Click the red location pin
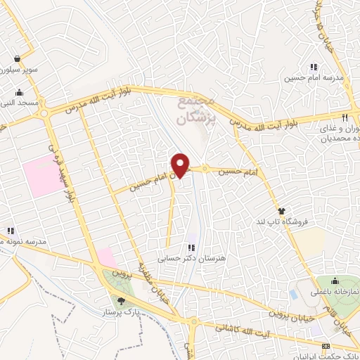click(181, 165)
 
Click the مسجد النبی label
click(19, 103)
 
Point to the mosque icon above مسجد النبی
click(19, 93)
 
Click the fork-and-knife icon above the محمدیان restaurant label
click(345, 117)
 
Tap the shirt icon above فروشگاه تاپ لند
click(282, 211)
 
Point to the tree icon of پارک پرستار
click(122, 301)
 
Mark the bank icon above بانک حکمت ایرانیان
click(325, 346)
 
